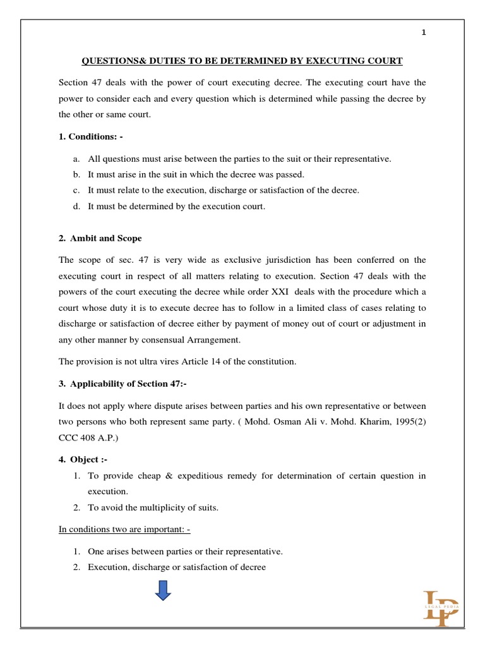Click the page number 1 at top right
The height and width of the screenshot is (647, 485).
pos(424,34)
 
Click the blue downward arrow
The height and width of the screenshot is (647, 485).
pos(164,591)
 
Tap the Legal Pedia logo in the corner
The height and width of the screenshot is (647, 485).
pos(441,607)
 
